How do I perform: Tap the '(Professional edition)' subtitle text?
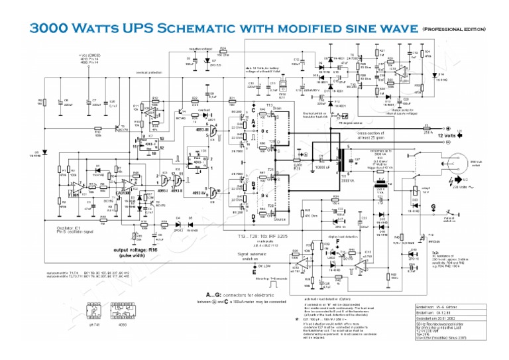pyautogui.click(x=454, y=30)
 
